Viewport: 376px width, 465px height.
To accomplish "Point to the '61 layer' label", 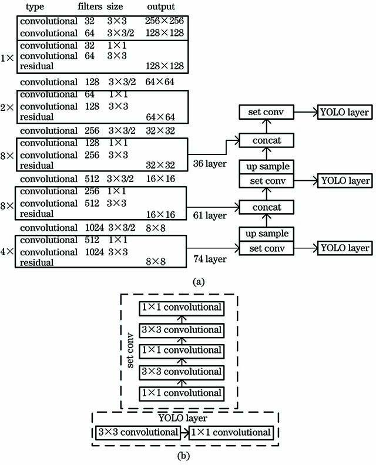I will coord(210,216).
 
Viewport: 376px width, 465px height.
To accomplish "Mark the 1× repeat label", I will coord(8,58).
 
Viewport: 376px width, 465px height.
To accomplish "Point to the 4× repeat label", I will coord(8,251).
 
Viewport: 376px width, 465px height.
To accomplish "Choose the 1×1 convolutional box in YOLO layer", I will coord(231,433).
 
